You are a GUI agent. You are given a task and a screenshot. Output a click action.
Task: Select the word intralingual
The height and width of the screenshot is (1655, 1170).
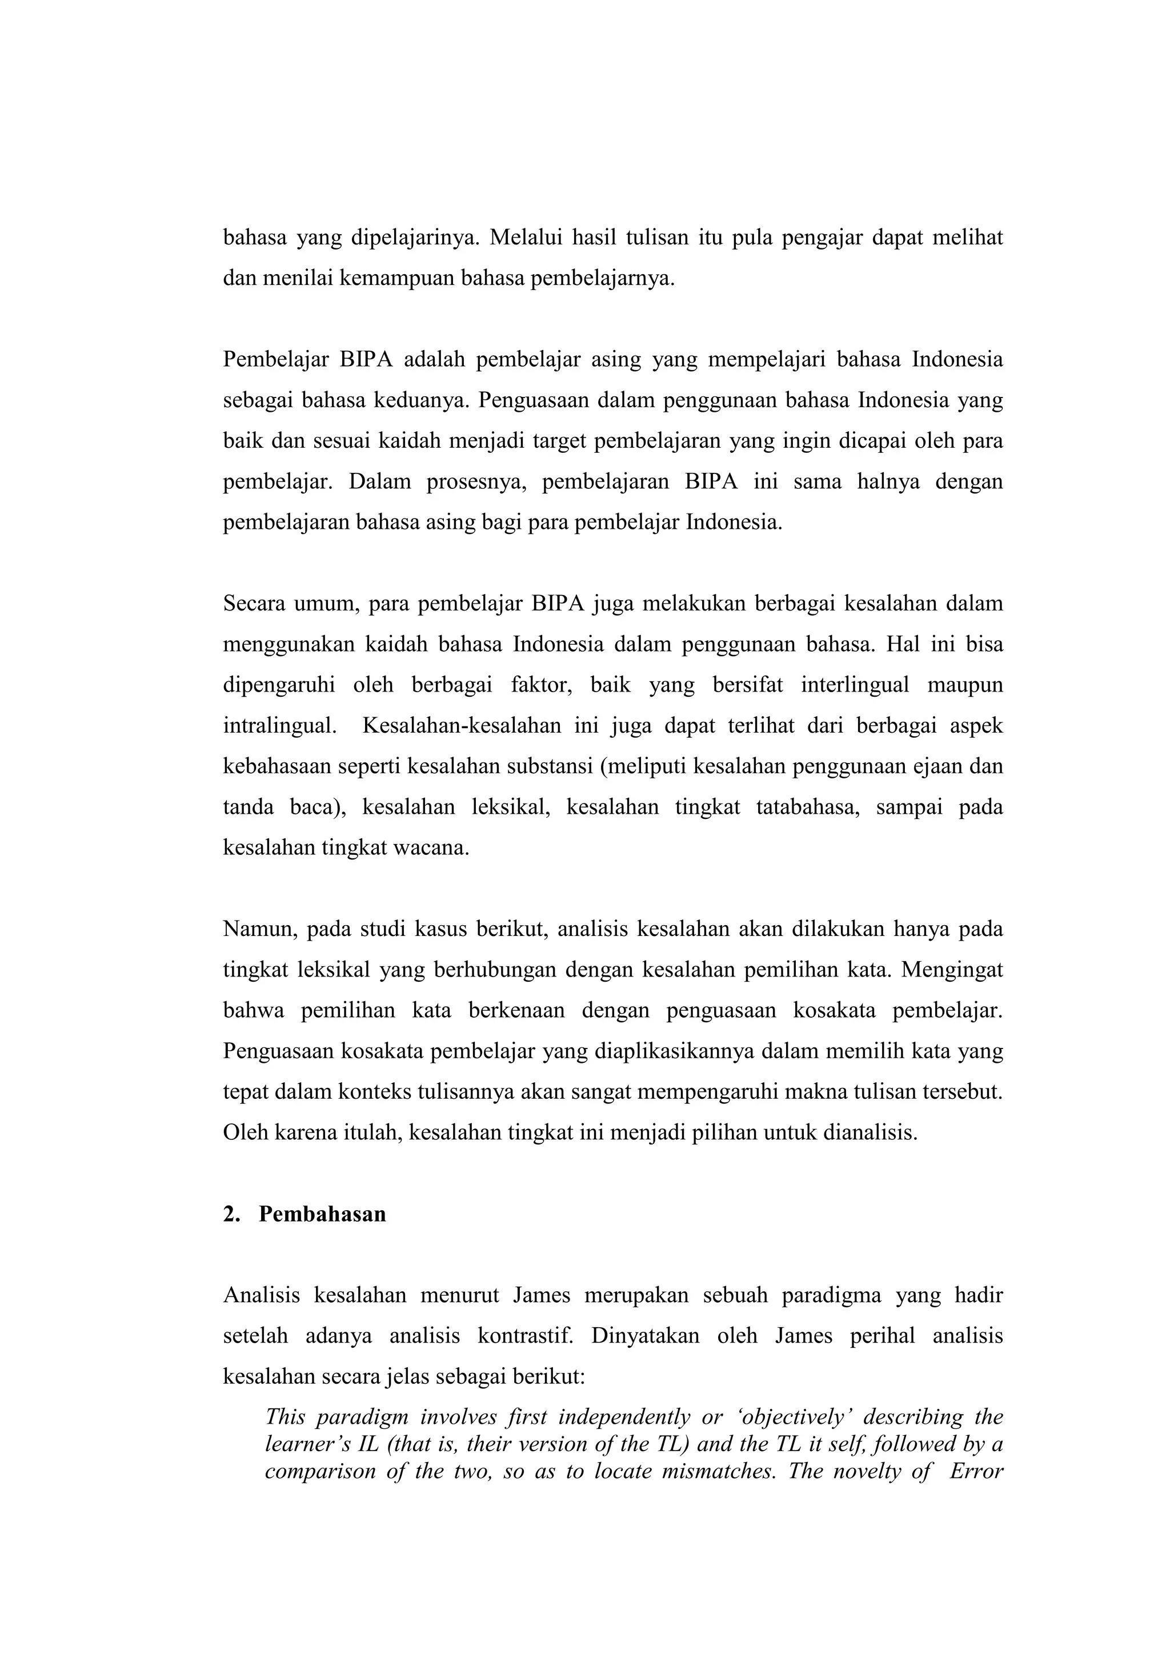tap(280, 725)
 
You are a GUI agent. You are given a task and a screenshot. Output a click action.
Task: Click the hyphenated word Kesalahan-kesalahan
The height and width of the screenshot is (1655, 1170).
tap(462, 725)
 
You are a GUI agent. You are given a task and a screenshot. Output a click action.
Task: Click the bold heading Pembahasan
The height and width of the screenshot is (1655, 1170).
tap(322, 1215)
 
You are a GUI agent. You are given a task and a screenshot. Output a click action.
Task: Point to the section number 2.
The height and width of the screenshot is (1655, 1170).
tap(231, 1215)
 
